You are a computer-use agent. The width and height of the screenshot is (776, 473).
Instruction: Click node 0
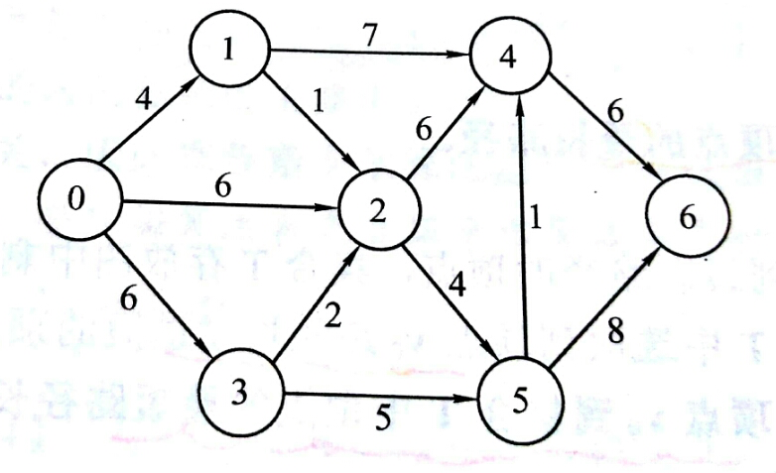[x=78, y=203]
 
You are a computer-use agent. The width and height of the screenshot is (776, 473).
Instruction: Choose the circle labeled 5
[x=521, y=400]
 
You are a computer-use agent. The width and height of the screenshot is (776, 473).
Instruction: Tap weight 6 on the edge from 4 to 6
[x=616, y=114]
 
